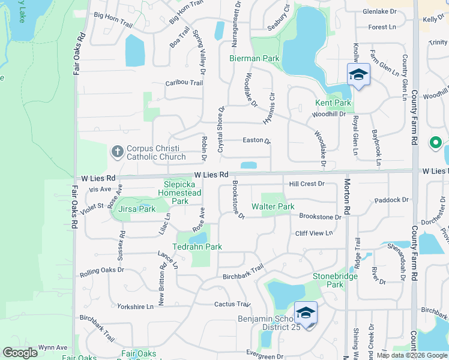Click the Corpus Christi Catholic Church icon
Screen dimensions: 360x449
point(118,152)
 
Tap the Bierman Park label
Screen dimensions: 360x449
point(255,58)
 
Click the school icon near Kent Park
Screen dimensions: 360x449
point(358,74)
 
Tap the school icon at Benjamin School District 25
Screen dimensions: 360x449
point(306,313)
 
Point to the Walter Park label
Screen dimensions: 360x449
point(273,206)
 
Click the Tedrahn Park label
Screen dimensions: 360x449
point(197,247)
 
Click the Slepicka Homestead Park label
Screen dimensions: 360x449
point(179,193)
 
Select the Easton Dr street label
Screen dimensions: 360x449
point(256,140)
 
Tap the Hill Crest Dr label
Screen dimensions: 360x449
point(306,184)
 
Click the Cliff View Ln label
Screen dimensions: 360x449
point(313,233)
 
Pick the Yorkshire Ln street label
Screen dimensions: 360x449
point(135,306)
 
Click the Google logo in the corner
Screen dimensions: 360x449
point(20,353)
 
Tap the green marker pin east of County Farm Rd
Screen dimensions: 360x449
point(435,143)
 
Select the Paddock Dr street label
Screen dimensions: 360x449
point(390,200)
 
